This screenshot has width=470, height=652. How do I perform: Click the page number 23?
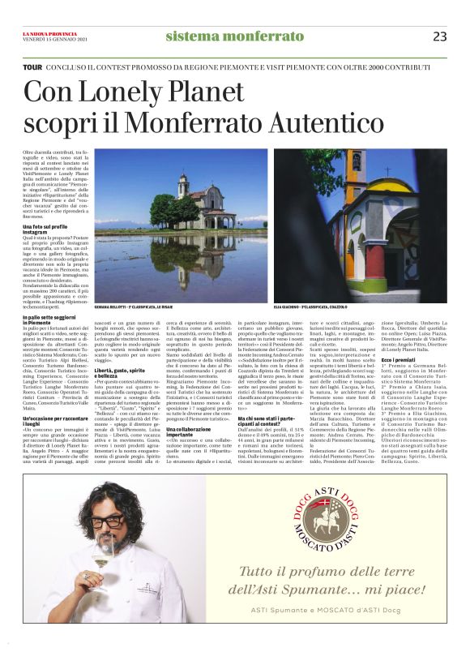(440, 36)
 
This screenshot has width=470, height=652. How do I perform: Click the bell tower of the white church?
(184, 190)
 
